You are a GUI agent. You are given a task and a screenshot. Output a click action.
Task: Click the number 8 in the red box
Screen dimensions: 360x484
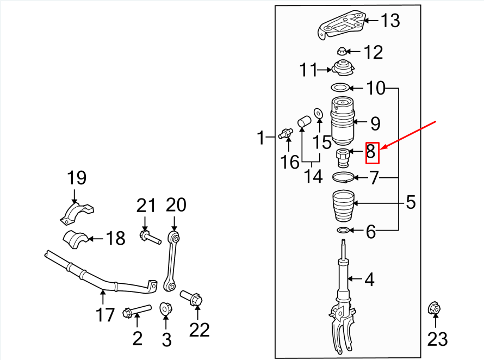pyautogui.click(x=371, y=152)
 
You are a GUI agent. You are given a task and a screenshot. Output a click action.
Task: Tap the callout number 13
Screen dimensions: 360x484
pyautogui.click(x=390, y=21)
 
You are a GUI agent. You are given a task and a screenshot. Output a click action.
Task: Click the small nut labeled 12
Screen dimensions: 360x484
pyautogui.click(x=341, y=52)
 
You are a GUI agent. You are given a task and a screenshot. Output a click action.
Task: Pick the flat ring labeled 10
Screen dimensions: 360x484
pyautogui.click(x=340, y=88)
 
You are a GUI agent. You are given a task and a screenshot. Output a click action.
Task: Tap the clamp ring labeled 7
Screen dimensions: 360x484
pyautogui.click(x=342, y=177)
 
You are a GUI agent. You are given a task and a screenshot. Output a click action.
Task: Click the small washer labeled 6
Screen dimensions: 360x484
pyautogui.click(x=343, y=231)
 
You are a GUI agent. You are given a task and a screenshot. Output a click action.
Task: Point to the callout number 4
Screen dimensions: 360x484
pyautogui.click(x=369, y=280)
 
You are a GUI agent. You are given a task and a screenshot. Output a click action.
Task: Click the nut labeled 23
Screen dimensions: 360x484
pyautogui.click(x=435, y=308)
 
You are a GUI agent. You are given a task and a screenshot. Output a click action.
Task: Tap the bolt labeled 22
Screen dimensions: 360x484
pyautogui.click(x=191, y=298)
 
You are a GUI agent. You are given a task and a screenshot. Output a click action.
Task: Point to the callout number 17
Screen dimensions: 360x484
pyautogui.click(x=105, y=314)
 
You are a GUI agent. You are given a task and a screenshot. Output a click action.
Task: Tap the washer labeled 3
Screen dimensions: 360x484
pyautogui.click(x=165, y=309)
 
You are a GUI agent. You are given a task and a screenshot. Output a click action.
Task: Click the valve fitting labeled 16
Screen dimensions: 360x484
pyautogui.click(x=286, y=132)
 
